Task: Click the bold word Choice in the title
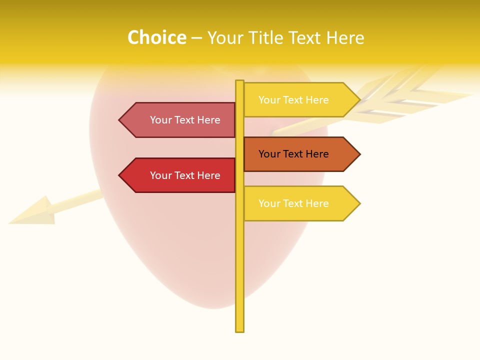(156, 37)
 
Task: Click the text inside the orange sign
(293, 154)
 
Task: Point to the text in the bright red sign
(185, 175)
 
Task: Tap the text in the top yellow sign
(293, 100)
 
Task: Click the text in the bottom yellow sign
(293, 203)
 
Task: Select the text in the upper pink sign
(185, 120)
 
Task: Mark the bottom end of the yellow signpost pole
(240, 329)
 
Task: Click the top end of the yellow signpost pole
(240, 82)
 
